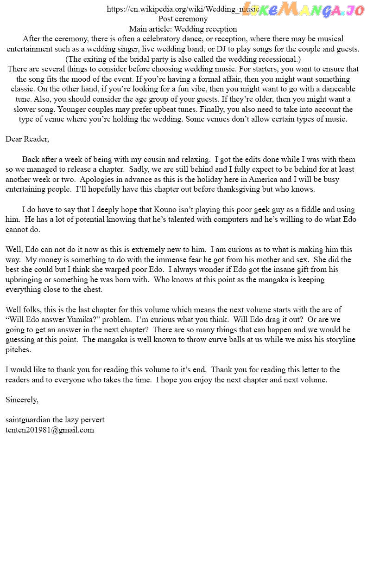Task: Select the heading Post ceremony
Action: (x=183, y=19)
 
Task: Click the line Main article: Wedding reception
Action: (x=183, y=29)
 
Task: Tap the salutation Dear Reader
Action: (x=27, y=139)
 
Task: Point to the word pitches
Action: (x=18, y=350)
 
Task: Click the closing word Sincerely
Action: (x=22, y=400)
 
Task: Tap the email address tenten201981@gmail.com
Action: (x=50, y=430)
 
